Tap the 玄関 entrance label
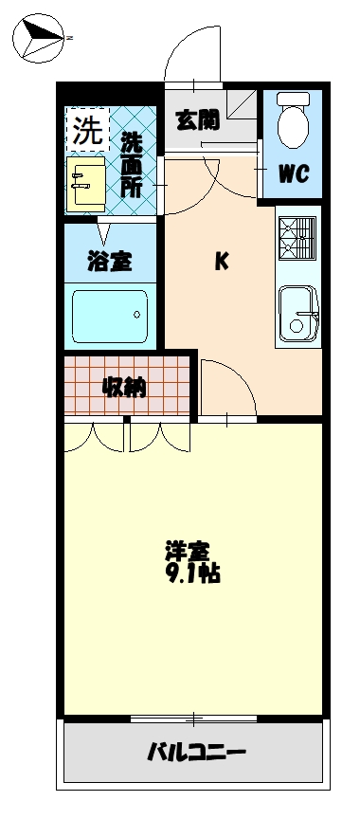click(x=197, y=119)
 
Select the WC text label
click(x=292, y=173)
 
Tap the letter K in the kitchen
click(x=220, y=263)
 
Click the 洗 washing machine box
click(x=87, y=133)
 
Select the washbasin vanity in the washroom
click(x=88, y=185)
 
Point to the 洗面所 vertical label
click(x=132, y=164)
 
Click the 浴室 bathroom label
click(x=110, y=262)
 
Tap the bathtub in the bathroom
click(x=110, y=312)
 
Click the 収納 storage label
click(x=124, y=387)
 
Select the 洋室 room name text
click(x=188, y=551)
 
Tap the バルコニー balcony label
click(x=196, y=754)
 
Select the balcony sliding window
click(x=195, y=718)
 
